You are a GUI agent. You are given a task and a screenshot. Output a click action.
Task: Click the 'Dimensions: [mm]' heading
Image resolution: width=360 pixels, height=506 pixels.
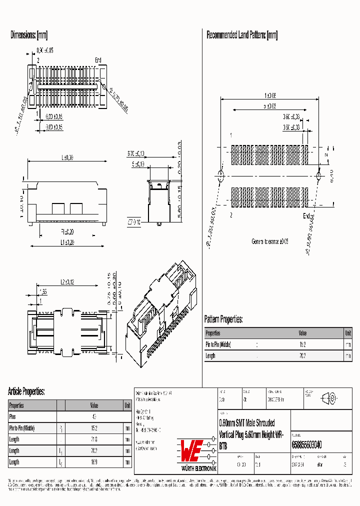(x=29, y=35)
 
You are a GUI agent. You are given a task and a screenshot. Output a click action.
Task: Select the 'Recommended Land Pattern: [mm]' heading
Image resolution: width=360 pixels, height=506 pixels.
(x=242, y=35)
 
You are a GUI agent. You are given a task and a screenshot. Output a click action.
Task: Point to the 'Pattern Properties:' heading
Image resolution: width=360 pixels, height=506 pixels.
(x=223, y=319)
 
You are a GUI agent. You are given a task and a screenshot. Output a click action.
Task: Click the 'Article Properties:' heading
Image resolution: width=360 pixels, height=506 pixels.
(x=26, y=391)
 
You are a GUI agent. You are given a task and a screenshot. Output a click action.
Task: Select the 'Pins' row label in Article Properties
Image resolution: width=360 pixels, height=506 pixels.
(x=13, y=416)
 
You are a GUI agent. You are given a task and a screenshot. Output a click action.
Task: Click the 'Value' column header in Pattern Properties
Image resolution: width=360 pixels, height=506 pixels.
(x=302, y=333)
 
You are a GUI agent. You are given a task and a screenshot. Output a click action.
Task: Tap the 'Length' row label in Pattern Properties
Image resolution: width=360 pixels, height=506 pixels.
(x=210, y=356)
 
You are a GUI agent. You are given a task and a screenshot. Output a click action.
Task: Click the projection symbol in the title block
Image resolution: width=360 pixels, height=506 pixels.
(x=328, y=398)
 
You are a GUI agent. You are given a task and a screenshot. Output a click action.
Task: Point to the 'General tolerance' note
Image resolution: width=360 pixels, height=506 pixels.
(x=270, y=241)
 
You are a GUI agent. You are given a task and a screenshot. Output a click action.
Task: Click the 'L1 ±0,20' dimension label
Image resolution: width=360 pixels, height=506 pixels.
(x=67, y=242)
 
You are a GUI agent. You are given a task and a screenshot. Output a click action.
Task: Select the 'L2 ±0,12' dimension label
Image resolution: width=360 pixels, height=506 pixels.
(x=67, y=282)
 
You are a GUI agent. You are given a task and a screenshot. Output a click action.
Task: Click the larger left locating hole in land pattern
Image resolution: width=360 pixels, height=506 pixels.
(x=219, y=175)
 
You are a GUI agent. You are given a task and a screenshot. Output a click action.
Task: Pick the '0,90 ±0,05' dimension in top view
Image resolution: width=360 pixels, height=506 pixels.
(x=45, y=50)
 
